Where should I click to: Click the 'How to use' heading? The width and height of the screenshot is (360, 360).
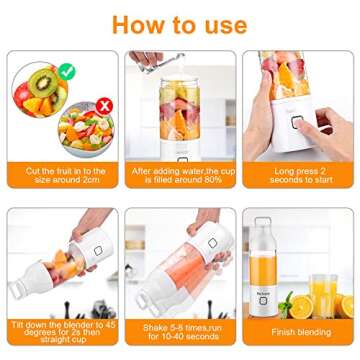[180, 23]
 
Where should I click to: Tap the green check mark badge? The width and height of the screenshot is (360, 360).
[66, 71]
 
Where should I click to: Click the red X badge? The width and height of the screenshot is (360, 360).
[76, 105]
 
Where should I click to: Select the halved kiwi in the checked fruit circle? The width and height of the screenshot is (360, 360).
[41, 83]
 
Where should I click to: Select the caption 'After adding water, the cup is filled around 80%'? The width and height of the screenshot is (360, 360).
[179, 176]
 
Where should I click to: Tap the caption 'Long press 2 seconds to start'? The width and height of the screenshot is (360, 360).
[297, 176]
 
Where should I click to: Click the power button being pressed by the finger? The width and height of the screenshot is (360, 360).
[297, 122]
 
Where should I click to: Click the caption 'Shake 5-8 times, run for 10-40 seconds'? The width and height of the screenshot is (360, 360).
[179, 331]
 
